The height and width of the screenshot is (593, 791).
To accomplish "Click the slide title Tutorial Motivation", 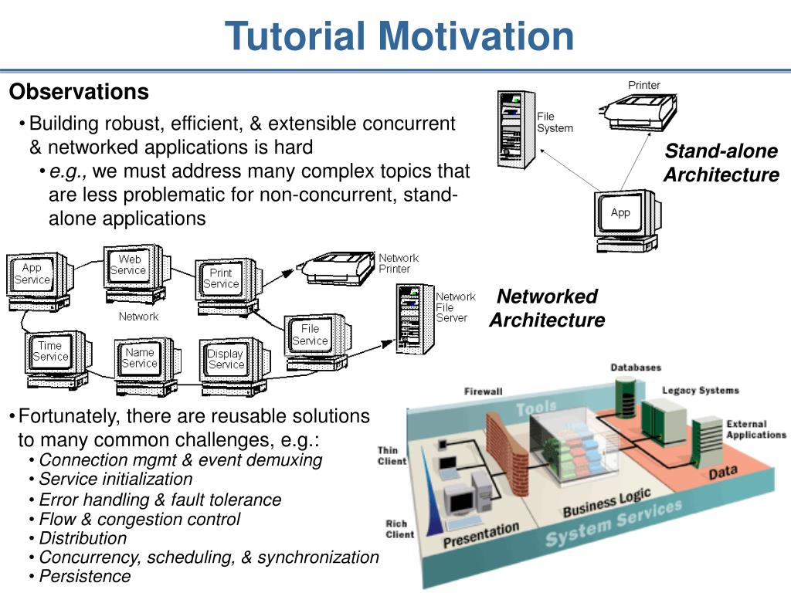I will (x=399, y=36).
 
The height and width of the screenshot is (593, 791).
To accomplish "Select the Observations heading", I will (x=79, y=93).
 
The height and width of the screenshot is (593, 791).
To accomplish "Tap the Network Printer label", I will (x=399, y=263).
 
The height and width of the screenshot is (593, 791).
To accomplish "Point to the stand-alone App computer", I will (x=623, y=216).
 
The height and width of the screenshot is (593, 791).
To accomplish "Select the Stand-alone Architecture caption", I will (x=721, y=163).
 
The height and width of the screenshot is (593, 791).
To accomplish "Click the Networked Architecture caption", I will (x=546, y=308).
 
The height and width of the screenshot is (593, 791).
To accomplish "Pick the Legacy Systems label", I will (x=700, y=391).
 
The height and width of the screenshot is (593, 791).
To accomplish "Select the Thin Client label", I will (x=392, y=456).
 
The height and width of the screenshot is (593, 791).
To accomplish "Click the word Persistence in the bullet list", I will (x=85, y=576).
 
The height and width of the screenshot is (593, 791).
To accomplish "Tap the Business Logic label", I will (x=606, y=503).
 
